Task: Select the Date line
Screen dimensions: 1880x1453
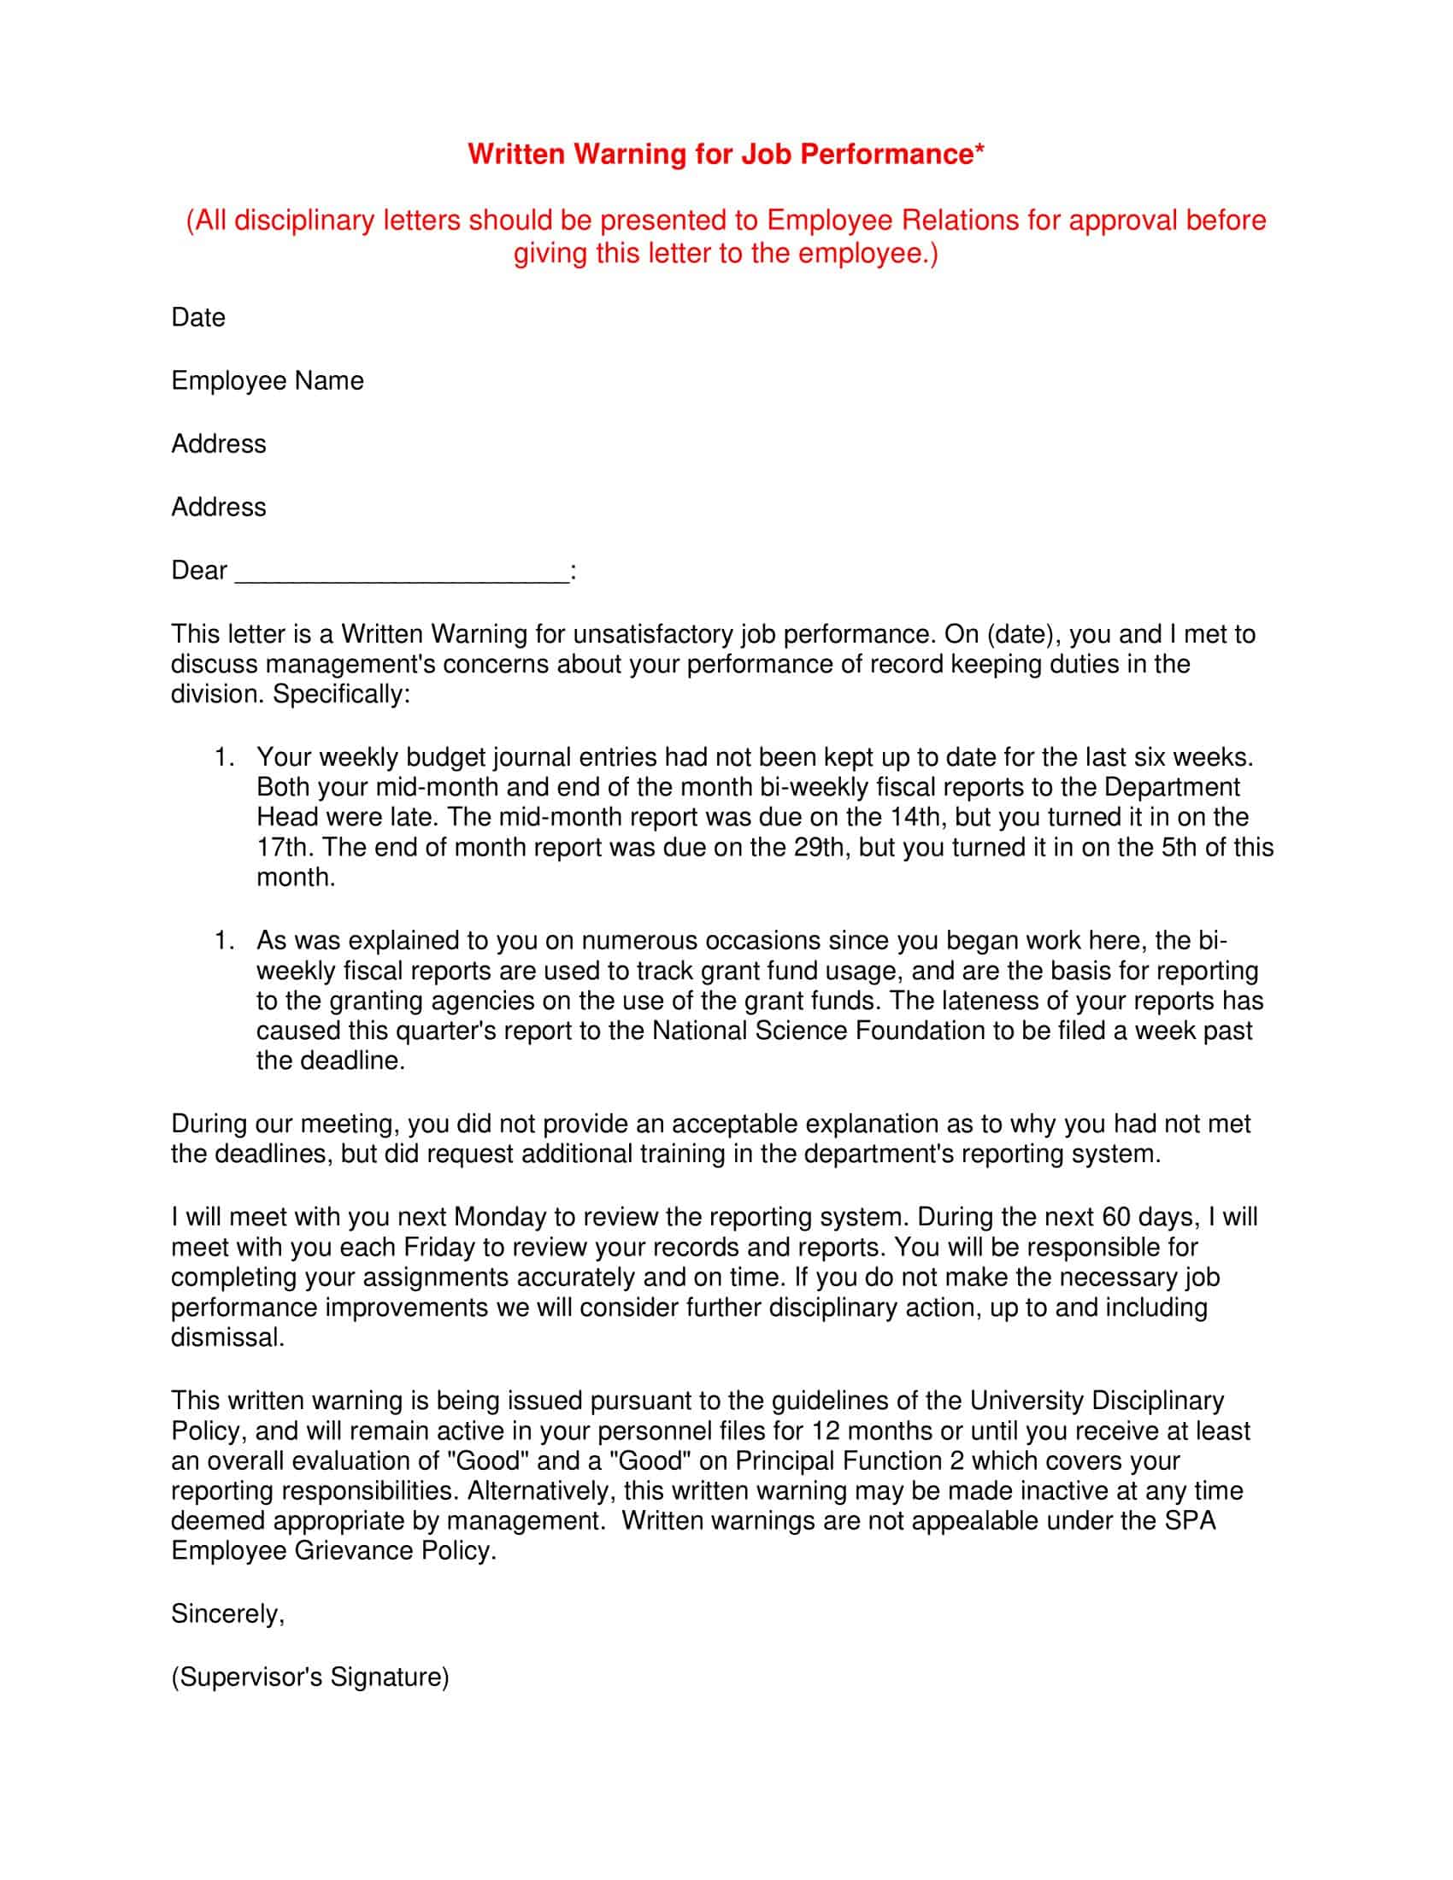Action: (198, 318)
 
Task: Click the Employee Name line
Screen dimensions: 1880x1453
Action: (267, 380)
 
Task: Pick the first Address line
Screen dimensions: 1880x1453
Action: (219, 444)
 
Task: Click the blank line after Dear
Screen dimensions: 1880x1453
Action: (401, 572)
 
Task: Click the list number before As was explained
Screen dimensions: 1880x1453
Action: (224, 940)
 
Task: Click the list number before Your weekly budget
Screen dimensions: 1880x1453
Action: (224, 756)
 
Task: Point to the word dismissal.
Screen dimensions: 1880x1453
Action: (226, 1337)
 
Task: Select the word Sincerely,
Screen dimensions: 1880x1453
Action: (227, 1613)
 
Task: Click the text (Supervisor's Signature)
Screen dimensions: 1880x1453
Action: (310, 1677)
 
